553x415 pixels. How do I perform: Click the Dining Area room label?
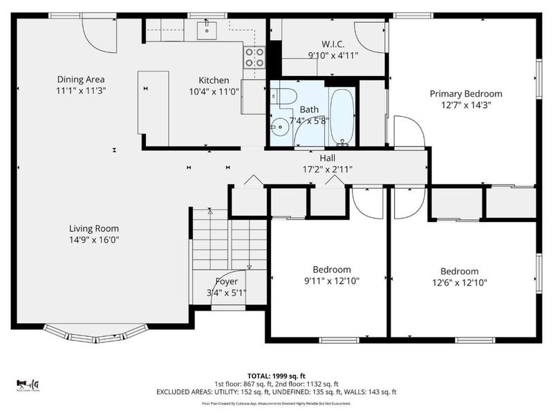tap(81, 80)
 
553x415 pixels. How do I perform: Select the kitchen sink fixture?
tap(207, 30)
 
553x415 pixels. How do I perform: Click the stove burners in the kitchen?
tap(254, 56)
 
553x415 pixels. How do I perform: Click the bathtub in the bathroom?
tap(341, 116)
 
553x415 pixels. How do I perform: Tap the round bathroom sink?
tap(279, 127)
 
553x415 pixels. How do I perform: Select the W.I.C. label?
tap(332, 44)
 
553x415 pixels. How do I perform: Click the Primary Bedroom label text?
tap(466, 94)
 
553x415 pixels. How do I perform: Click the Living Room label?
tap(94, 228)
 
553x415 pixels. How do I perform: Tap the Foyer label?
tap(226, 282)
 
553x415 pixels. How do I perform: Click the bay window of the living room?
tap(94, 335)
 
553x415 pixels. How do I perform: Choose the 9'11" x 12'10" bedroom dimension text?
tap(332, 281)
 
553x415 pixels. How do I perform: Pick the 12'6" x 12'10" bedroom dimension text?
tap(460, 282)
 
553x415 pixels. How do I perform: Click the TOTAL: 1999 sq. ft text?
tap(276, 375)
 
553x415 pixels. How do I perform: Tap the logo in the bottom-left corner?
tap(28, 384)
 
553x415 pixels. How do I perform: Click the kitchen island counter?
tap(153, 102)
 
